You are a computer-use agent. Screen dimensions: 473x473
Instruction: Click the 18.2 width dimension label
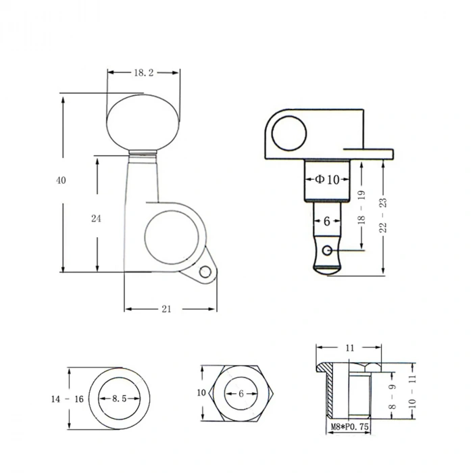coord(143,72)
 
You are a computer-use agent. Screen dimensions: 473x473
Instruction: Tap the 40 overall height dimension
coord(61,180)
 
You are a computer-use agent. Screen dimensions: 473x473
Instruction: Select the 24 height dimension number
coord(96,218)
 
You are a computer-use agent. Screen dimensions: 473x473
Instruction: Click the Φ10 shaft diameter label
coord(327,180)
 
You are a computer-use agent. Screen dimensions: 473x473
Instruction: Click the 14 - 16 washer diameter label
coord(67,399)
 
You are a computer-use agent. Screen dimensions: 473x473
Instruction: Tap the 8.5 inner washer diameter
coord(120,399)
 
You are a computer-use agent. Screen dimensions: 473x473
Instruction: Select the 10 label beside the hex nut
coord(201,393)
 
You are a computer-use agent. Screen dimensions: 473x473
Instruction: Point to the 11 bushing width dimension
coord(349,349)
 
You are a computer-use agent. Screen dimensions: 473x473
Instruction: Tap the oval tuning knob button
coord(144,122)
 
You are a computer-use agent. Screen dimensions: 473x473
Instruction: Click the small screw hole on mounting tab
coord(205,272)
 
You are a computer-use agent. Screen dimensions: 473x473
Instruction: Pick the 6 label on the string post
coord(326,221)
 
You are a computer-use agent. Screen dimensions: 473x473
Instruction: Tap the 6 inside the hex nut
coord(241,393)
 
